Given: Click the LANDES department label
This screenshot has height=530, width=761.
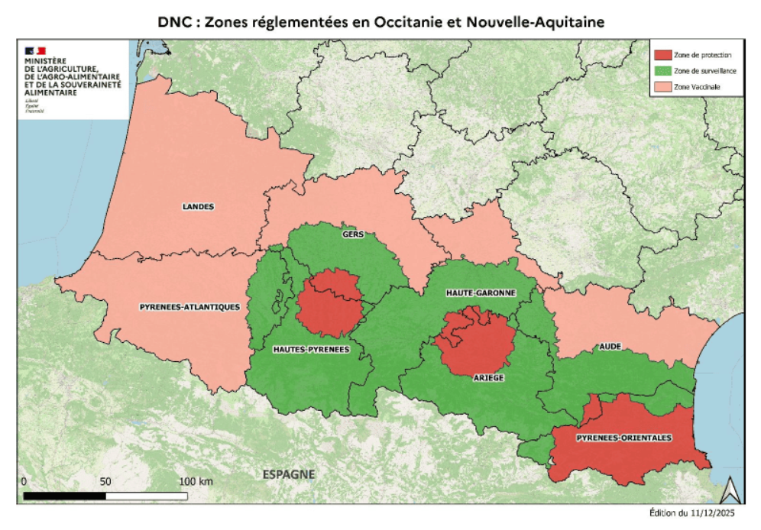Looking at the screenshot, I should pyautogui.click(x=199, y=206).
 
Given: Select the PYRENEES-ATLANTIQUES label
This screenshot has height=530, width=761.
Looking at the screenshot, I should pyautogui.click(x=190, y=307).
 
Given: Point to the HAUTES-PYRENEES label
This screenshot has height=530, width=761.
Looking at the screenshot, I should pyautogui.click(x=311, y=349).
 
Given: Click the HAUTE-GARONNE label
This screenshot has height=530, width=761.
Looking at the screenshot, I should pyautogui.click(x=481, y=292).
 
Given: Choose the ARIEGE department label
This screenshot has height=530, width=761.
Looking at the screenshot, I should pyautogui.click(x=488, y=377).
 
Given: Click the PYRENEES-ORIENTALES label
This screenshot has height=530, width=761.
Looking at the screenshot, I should pyautogui.click(x=624, y=438).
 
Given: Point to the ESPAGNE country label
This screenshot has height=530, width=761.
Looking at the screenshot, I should pyautogui.click(x=289, y=474).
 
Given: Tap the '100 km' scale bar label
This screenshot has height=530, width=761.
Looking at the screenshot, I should pyautogui.click(x=196, y=482).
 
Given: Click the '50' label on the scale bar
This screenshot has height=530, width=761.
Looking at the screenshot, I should pyautogui.click(x=105, y=482).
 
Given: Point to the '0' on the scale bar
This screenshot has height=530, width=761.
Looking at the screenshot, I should pyautogui.click(x=24, y=482).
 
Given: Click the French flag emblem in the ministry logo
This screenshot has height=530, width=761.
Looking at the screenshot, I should pyautogui.click(x=35, y=50).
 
